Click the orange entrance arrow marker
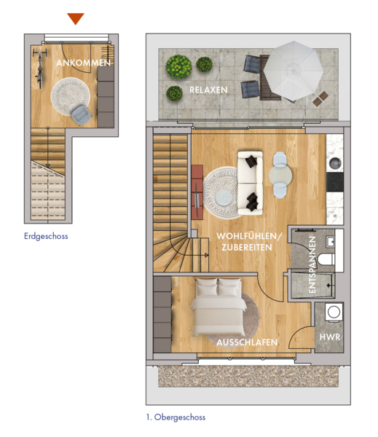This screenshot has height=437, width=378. (76, 18)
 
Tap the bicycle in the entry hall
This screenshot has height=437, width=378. (40, 68)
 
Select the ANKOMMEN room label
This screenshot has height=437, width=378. (83, 63)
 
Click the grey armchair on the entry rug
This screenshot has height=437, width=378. (81, 115)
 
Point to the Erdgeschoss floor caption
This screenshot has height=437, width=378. (46, 236)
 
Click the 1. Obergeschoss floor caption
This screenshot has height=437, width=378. (176, 417)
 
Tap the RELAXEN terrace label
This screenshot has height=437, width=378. (208, 90)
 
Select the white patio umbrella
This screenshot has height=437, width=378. (294, 71)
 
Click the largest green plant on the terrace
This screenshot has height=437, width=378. (178, 66)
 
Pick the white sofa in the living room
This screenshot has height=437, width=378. (250, 183)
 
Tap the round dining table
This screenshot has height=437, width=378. (280, 175)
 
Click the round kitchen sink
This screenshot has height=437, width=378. (335, 163)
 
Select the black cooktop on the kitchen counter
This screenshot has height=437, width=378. (335, 182)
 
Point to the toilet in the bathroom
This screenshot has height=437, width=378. (326, 259)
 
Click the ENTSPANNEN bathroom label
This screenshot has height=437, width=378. (312, 264)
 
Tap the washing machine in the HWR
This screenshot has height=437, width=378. (334, 312)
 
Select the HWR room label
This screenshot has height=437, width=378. (330, 337)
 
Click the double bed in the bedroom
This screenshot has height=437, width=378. (218, 307)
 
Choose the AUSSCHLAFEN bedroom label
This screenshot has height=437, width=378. (247, 342)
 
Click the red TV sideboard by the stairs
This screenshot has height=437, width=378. (197, 192)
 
